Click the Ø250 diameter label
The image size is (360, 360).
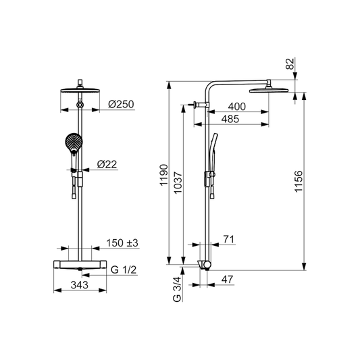tap(121, 105)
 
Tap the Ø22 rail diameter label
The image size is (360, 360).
tap(107, 164)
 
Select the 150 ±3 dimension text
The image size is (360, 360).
tap(122, 243)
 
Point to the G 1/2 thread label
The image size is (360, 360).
tap(124, 269)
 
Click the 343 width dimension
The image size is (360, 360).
tap(80, 285)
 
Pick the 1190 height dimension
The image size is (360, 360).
tap(164, 175)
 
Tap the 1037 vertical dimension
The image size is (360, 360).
tap(178, 183)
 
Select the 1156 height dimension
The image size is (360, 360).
tap(299, 182)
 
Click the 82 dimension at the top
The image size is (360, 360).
tap(290, 63)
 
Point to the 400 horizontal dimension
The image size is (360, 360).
tap(236, 107)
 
